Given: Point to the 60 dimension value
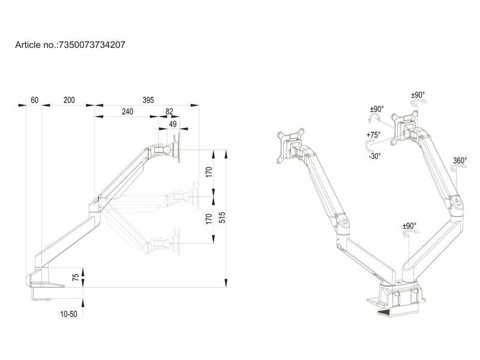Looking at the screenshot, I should point(34,100).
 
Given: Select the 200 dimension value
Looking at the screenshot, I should point(69,100).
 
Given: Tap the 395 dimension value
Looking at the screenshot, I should point(148,100).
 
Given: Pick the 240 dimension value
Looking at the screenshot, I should point(127,112).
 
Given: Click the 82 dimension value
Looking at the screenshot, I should point(169,112).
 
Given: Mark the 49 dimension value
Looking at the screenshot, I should point(173,124).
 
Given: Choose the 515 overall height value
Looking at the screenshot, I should point(222,218).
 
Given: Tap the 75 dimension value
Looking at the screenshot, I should point(76,277).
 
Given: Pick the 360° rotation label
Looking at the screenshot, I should point(460,161).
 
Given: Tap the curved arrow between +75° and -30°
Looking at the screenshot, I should point(367,146).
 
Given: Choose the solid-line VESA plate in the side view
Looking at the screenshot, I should point(178,149).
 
